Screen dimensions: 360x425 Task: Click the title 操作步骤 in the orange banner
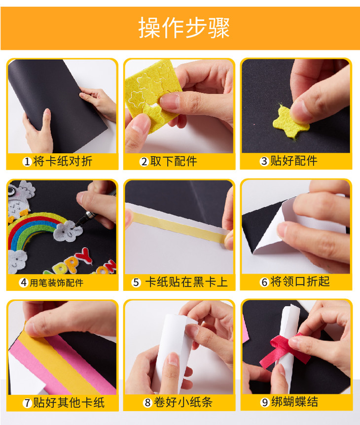[184, 28]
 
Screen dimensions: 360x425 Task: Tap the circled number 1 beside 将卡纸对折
[27, 162]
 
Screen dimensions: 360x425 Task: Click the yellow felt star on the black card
[290, 122]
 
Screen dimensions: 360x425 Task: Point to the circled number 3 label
[264, 161]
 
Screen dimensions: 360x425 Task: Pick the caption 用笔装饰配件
[56, 283]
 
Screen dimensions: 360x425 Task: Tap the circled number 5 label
[136, 283]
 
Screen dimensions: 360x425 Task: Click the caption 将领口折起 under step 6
[300, 282]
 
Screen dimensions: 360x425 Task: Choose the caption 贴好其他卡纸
[69, 402]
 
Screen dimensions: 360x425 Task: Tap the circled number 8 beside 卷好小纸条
[147, 402]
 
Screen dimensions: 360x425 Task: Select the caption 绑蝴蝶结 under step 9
[294, 402]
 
